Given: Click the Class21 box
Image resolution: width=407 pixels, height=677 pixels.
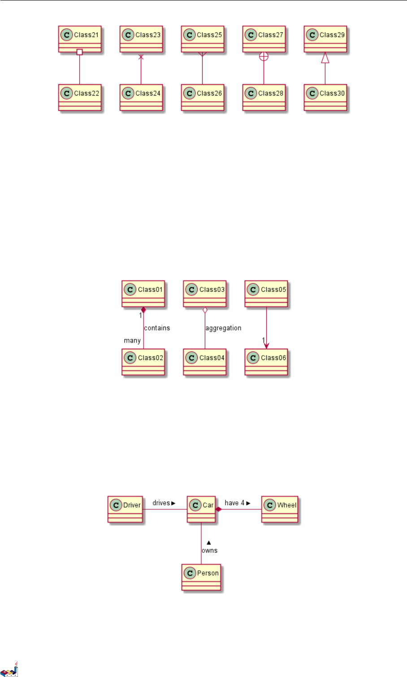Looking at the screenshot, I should [x=80, y=39].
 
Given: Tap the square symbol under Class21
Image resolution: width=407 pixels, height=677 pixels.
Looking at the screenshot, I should [x=79, y=52].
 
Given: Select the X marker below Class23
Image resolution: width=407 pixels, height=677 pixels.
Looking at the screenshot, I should [x=141, y=57].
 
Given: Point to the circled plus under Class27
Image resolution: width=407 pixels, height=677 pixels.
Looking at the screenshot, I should [x=264, y=56].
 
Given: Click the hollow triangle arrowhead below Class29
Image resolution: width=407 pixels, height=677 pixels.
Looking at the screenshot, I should [x=325, y=57].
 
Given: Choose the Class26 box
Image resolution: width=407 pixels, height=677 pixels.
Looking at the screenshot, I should [x=203, y=98].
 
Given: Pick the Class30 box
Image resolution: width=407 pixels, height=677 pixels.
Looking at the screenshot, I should [x=325, y=98].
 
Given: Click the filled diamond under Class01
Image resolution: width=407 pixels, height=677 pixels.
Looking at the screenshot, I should [x=143, y=310].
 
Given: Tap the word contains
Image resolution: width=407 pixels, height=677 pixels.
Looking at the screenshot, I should [x=157, y=328].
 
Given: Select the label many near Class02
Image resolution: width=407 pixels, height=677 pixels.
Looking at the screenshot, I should [x=132, y=341].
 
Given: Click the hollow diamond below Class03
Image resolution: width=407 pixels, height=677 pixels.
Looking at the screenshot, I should [x=205, y=310].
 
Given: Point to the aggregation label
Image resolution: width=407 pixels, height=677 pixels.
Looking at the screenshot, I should [x=223, y=328].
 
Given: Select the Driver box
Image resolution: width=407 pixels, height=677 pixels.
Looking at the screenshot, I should [x=125, y=509].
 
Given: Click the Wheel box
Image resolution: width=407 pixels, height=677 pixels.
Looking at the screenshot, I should [x=280, y=509].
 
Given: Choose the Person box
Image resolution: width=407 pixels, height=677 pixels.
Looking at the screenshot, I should [x=201, y=577].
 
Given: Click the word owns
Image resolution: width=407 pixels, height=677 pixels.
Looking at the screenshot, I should [x=209, y=551].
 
